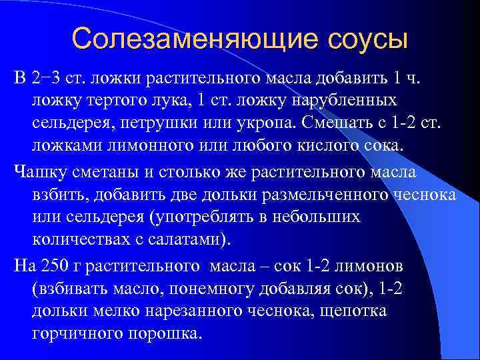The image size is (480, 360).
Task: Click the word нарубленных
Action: (x=344, y=100)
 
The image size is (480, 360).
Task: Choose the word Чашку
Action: (x=39, y=173)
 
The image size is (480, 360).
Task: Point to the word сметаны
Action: (x=103, y=173)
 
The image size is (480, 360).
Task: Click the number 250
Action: (x=53, y=266)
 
